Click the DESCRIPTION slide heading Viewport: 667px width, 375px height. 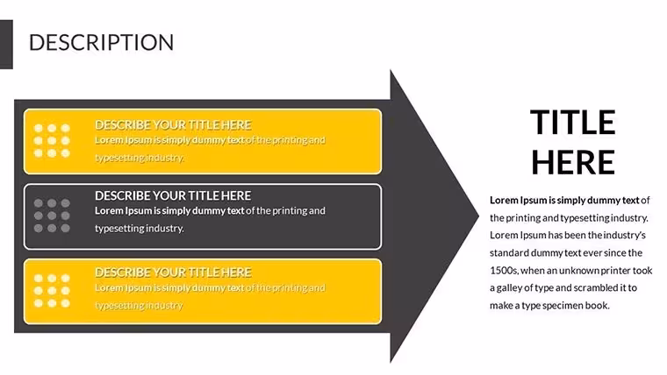pos(101,42)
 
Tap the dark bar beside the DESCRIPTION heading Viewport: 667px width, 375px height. pos(6,44)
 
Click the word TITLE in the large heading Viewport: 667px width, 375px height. pos(572,123)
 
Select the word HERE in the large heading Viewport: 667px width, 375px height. pos(572,162)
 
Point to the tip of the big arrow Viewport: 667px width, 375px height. pos(478,216)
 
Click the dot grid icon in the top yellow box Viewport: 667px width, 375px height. pos(52,140)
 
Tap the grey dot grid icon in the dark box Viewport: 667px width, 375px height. pos(52,216)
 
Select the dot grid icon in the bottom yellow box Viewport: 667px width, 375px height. pos(52,291)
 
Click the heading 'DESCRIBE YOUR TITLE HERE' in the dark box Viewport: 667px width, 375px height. pos(173,195)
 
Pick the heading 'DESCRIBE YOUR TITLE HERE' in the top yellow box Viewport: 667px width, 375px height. pos(173,125)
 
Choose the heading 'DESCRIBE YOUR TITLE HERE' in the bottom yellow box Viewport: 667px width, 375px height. pos(173,272)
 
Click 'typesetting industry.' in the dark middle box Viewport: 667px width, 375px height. pos(140,229)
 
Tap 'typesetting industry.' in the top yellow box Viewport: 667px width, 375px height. pos(140,158)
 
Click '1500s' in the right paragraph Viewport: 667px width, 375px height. pos(503,271)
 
